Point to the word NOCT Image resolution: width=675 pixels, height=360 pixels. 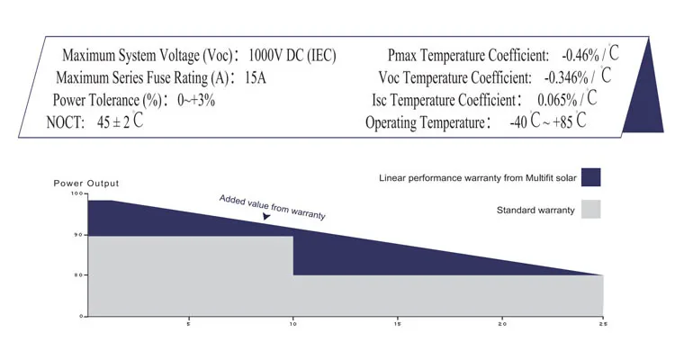[x=67, y=122]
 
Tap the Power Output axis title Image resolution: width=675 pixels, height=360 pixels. [x=86, y=184]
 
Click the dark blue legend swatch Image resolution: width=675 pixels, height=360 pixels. [x=590, y=176]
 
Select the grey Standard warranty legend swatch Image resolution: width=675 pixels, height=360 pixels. [x=590, y=210]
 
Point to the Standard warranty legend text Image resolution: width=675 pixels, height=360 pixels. [x=535, y=210]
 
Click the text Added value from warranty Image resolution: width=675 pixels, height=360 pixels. [x=273, y=207]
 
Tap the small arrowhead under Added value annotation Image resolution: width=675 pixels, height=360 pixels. [x=266, y=217]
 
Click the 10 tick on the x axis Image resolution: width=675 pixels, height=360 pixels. [x=293, y=323]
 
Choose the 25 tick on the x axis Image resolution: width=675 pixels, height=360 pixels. [x=601, y=323]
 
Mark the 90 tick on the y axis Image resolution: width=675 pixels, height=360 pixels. [x=78, y=235]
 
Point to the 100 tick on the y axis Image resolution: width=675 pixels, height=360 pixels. [x=77, y=193]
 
